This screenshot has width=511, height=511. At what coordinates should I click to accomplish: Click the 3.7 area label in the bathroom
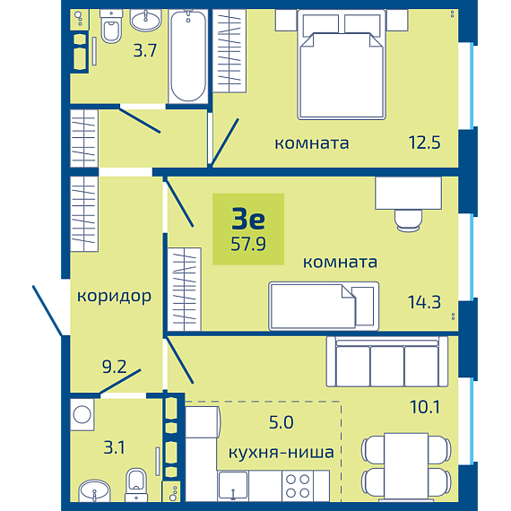(x=145, y=51)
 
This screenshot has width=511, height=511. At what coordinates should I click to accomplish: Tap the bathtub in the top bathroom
(x=188, y=56)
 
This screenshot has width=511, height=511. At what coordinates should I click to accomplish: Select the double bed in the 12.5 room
(x=342, y=65)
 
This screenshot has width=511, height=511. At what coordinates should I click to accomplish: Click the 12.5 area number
(x=424, y=143)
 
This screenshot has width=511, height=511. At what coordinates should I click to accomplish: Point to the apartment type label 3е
(x=248, y=219)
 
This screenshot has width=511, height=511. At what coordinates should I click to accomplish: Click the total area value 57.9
(x=248, y=244)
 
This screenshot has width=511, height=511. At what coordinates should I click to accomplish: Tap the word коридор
(x=114, y=297)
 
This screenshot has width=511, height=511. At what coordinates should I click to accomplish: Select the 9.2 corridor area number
(x=114, y=367)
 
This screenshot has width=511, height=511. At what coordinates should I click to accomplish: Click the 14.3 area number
(x=424, y=302)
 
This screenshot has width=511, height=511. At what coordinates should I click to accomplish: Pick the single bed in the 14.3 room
(x=324, y=306)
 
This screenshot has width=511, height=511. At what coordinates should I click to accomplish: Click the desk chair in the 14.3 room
(x=408, y=221)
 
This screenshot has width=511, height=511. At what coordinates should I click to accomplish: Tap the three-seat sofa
(x=387, y=361)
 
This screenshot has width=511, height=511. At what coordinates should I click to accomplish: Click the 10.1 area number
(x=425, y=407)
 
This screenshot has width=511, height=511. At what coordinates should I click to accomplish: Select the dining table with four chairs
(x=406, y=466)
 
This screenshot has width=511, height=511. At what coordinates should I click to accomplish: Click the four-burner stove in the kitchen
(x=298, y=486)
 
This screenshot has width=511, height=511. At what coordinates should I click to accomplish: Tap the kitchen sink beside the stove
(x=233, y=486)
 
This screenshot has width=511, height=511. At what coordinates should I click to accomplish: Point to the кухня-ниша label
(x=281, y=453)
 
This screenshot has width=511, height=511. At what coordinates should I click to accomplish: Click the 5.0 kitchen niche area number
(x=281, y=422)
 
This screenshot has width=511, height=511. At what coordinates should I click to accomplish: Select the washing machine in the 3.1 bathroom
(x=82, y=414)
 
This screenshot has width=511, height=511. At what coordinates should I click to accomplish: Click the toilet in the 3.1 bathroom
(x=136, y=485)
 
